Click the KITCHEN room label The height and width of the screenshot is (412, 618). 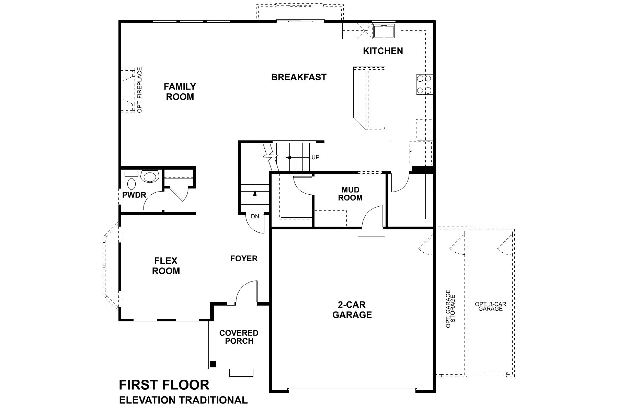tap(383, 51)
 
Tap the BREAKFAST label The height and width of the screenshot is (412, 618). tap(299, 77)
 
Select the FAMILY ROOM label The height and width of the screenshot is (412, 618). tap(180, 91)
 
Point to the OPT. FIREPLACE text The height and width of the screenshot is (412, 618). tap(140, 90)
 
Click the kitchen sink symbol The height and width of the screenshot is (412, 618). tap(384, 32)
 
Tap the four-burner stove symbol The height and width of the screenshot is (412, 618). tap(424, 84)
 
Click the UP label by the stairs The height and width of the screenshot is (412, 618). tap(315, 157)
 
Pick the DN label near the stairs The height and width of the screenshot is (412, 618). tap(255, 216)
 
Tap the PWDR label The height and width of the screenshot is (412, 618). tap(134, 195)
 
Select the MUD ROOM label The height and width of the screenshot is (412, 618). tap(350, 194)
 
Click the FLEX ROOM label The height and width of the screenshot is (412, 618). tap(166, 266)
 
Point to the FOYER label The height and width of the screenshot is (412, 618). tap(244, 258)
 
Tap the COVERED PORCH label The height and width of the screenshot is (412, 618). tap(239, 337)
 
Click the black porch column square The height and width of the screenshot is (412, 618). tap(213, 364)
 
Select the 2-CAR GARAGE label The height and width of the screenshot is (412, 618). tap(352, 309)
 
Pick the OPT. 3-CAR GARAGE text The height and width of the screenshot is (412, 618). tap(490, 306)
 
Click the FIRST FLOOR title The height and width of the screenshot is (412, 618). tap(164, 385)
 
